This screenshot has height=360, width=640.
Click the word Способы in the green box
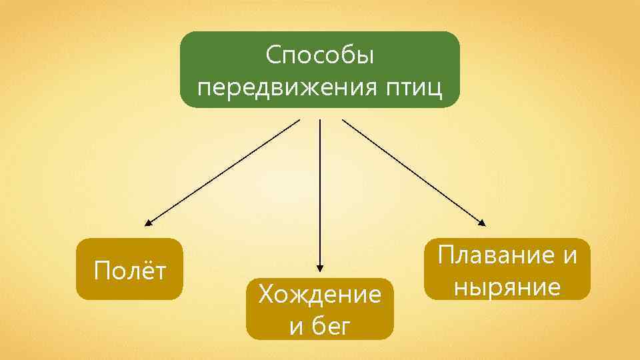[x=319, y=55]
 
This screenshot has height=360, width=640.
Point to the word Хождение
[x=319, y=294]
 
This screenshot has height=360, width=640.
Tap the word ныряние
[x=506, y=287]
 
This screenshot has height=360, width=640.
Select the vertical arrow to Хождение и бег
[x=320, y=193]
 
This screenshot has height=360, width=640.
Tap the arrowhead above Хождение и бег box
[x=320, y=268]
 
